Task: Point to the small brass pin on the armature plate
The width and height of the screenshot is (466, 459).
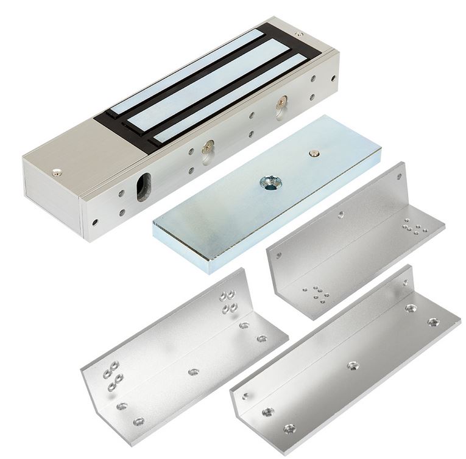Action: click(x=314, y=154)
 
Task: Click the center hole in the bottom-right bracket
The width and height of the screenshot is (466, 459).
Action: click(x=352, y=365)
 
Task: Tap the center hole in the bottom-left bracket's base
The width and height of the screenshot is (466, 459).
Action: click(x=193, y=371)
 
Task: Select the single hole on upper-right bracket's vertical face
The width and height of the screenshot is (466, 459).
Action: click(x=340, y=214)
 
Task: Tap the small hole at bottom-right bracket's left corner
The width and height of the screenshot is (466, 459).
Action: click(x=245, y=395)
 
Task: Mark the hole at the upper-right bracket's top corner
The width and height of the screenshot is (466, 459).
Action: click(x=399, y=177)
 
